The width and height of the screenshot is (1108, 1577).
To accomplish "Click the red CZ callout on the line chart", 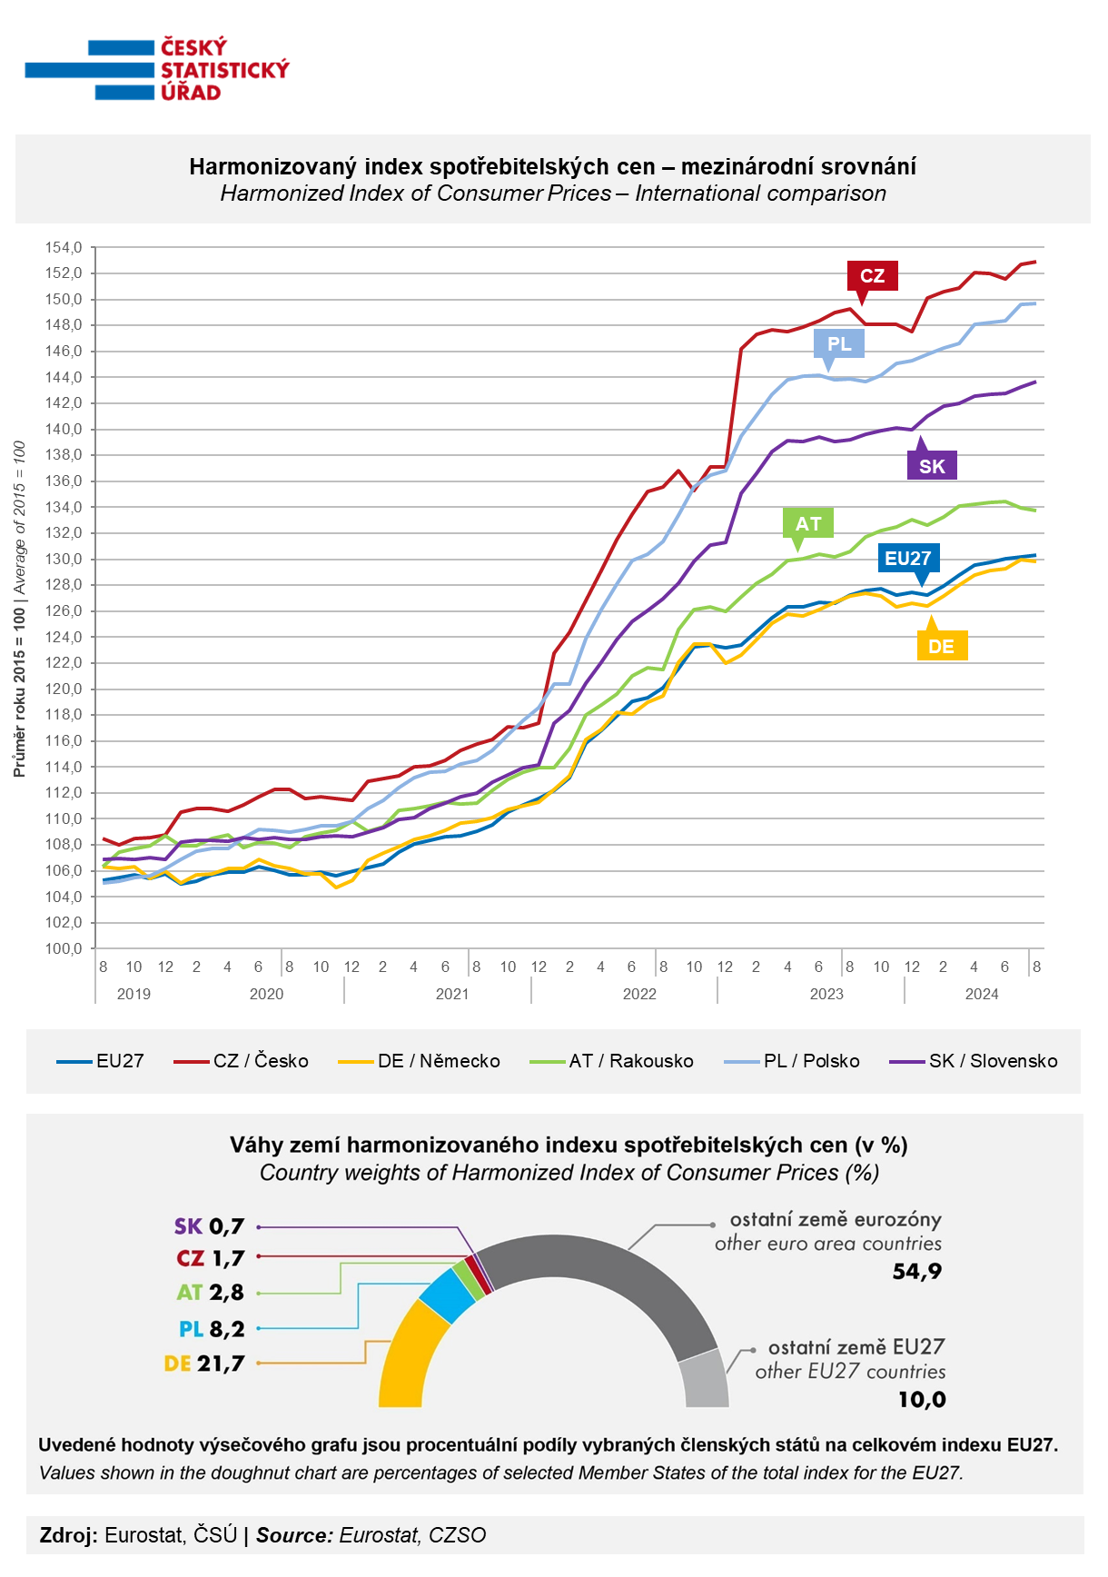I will click(x=872, y=275).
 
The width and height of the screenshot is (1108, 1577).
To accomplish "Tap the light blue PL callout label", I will click(x=839, y=343).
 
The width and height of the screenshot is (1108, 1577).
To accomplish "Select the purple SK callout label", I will click(x=932, y=466).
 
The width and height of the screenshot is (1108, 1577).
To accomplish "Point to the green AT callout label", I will click(x=808, y=523).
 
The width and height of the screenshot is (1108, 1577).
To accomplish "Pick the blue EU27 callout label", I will click(x=908, y=558).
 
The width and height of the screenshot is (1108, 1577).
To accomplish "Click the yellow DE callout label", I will click(x=942, y=646).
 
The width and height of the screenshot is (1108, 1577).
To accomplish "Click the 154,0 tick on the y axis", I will click(x=64, y=247).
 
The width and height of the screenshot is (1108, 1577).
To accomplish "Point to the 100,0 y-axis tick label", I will click(x=64, y=948).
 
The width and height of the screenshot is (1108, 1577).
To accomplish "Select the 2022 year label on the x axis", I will click(x=639, y=994).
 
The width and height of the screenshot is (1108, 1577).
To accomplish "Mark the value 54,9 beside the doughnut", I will click(x=916, y=1271).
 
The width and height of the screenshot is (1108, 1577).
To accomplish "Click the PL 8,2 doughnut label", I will click(x=212, y=1329).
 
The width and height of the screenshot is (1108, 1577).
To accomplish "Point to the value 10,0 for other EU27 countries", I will click(x=922, y=1400).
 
